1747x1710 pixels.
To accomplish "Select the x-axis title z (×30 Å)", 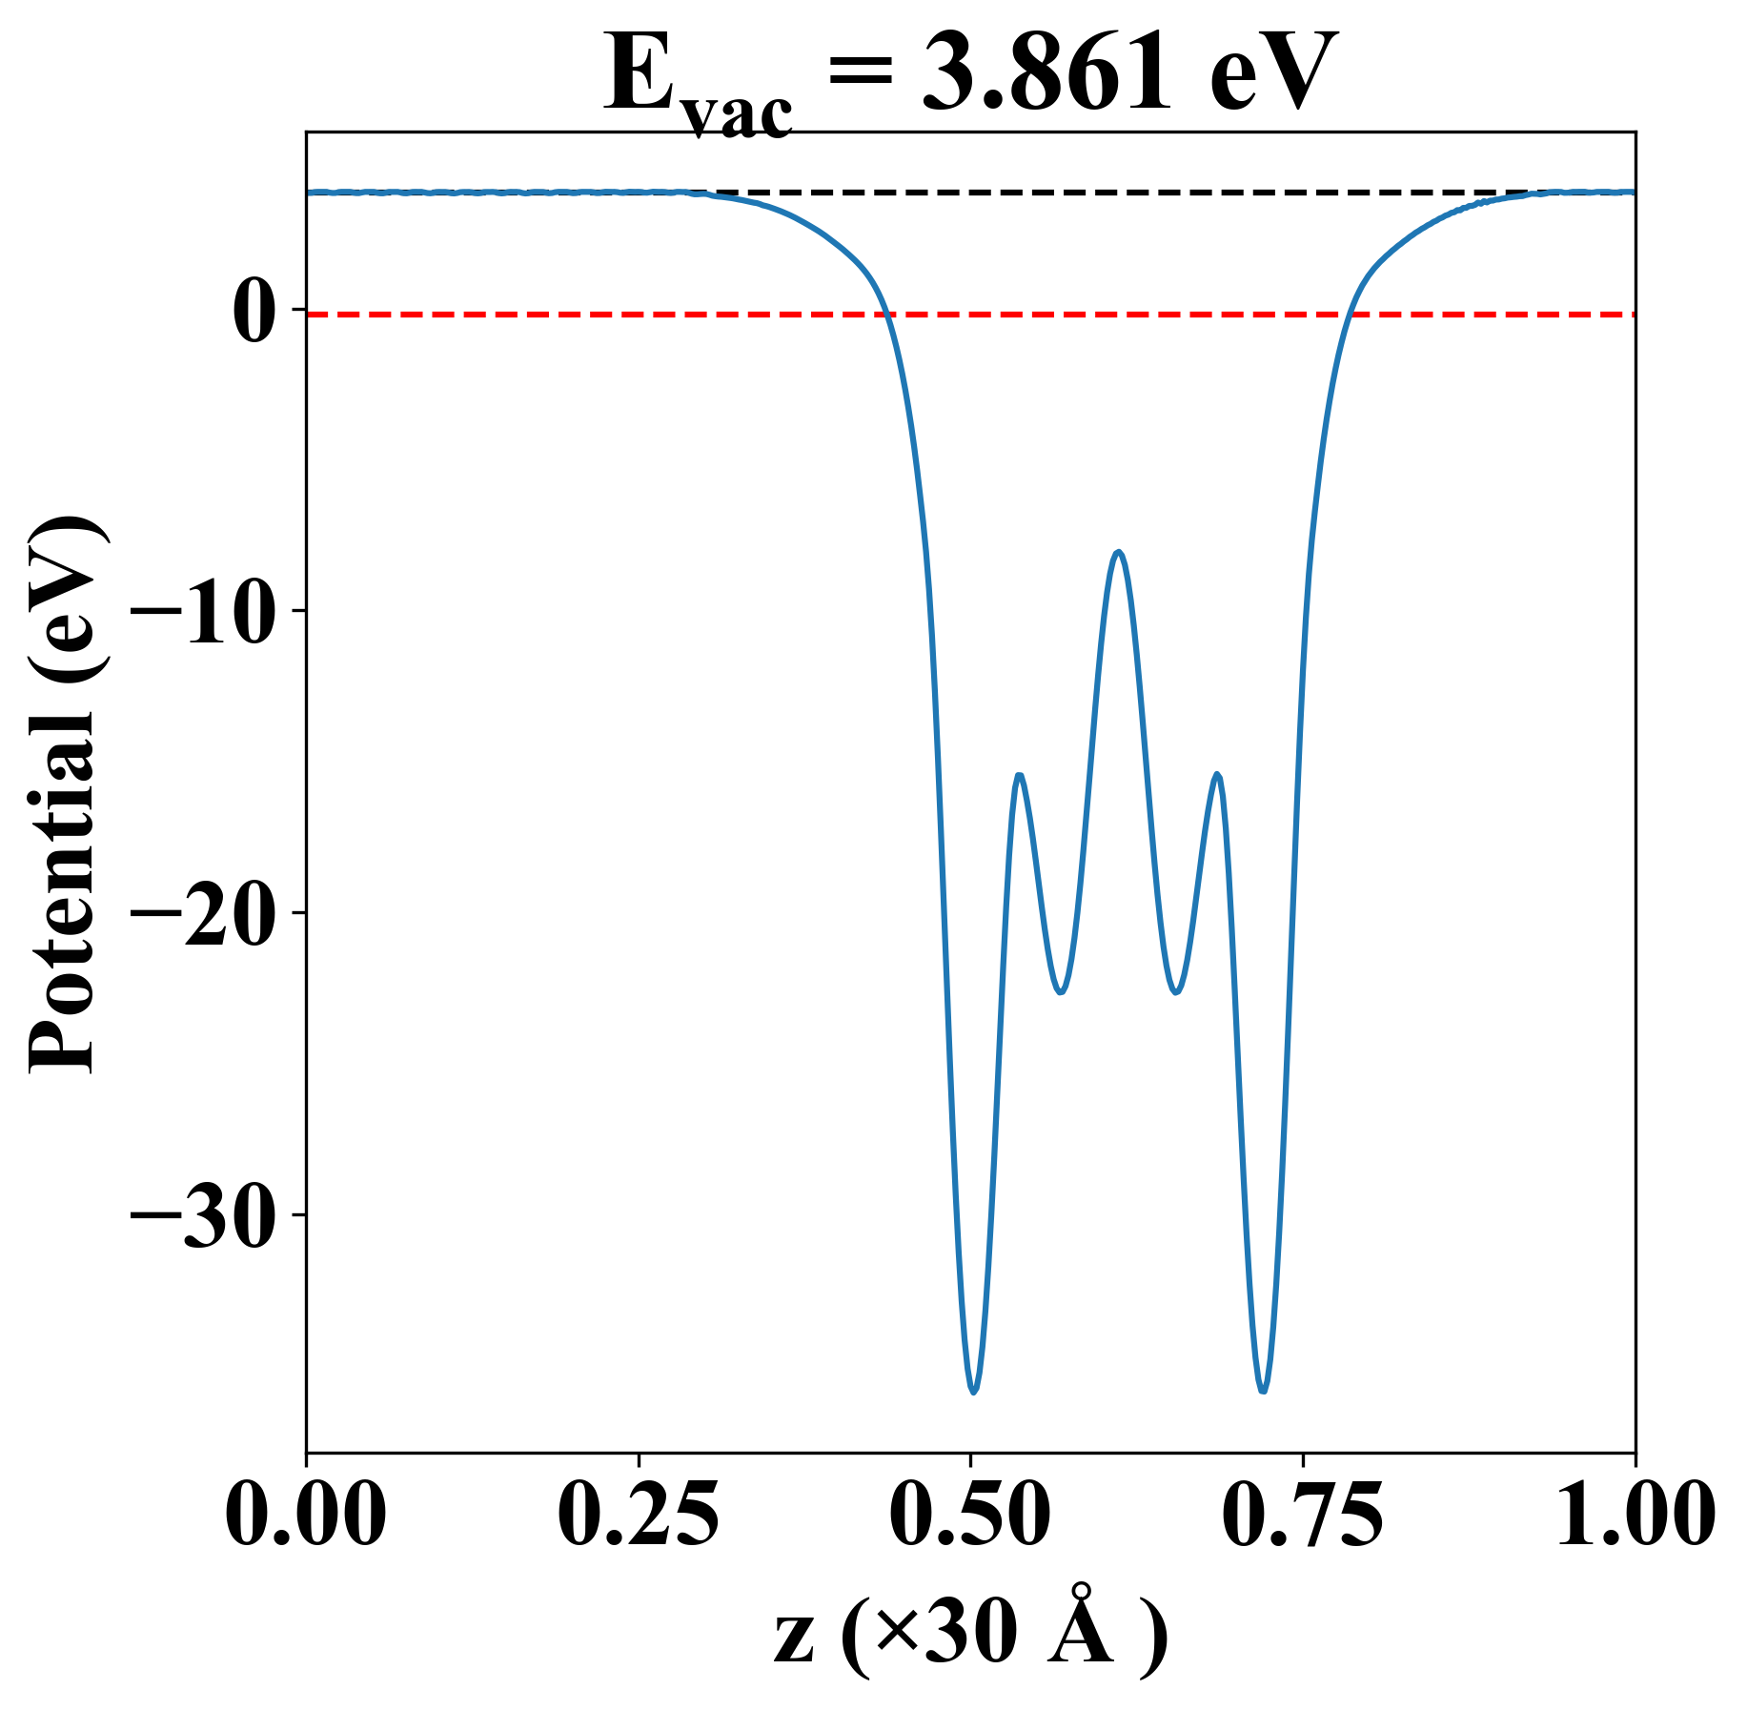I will point(970,1638).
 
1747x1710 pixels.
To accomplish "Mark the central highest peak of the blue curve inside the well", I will point(1119,552).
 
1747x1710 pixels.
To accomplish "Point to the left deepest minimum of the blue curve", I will point(974,1393).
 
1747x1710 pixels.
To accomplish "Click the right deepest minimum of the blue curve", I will point(1263,1392).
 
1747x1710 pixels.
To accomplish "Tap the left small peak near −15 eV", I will point(1020,775).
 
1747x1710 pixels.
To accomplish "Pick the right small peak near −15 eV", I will point(1217,774).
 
